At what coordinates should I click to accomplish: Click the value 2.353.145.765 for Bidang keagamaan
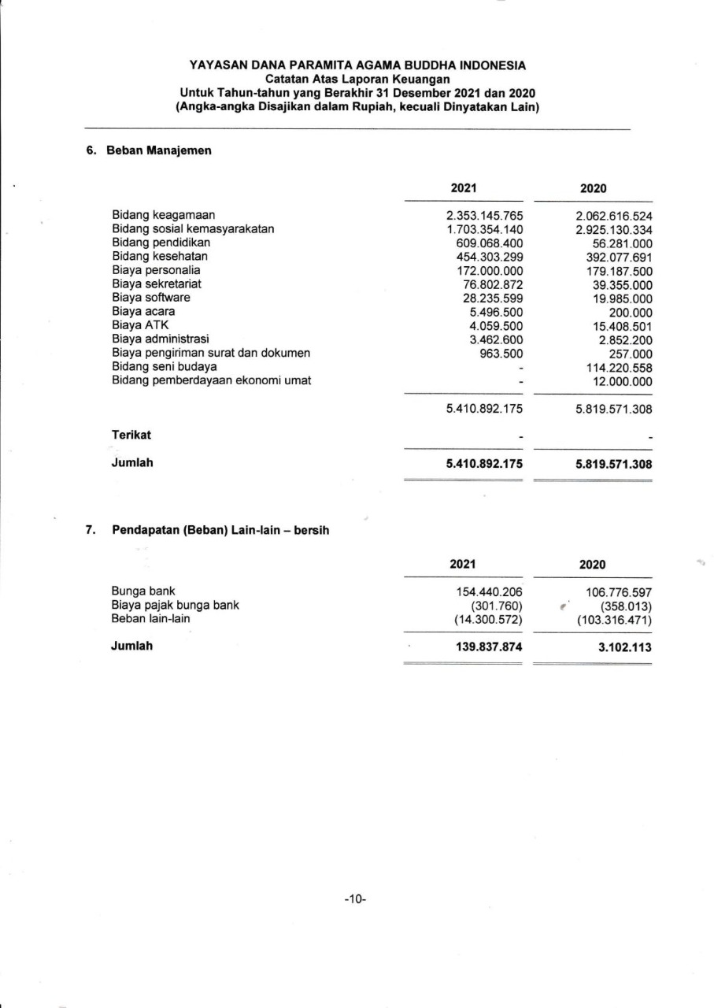click(x=484, y=216)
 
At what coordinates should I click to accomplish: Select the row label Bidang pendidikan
click(x=150, y=243)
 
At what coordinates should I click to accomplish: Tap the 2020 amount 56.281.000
click(x=622, y=243)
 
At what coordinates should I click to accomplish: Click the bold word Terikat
click(x=131, y=435)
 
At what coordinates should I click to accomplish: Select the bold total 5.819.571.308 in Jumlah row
click(x=614, y=464)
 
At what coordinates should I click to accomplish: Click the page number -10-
click(x=356, y=899)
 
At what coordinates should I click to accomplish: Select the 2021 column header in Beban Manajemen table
click(x=464, y=188)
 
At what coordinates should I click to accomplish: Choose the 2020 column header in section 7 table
click(x=592, y=565)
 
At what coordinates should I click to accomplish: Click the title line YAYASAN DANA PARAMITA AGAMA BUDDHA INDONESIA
click(x=357, y=65)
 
